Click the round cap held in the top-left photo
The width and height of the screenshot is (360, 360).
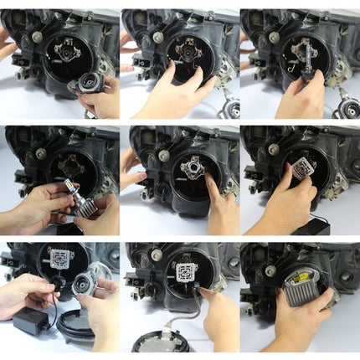pos(88,83)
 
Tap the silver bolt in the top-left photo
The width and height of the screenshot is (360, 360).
pos(38,37)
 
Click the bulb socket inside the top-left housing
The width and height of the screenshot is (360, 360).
pos(67,52)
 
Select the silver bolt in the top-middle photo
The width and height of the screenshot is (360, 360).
pos(158,37)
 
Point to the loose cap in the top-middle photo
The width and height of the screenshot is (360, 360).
pos(229,108)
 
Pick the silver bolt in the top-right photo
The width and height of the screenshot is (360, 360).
pos(274,37)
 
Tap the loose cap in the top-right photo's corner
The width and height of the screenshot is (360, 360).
pos(347,108)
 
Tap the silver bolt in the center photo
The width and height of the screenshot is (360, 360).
pos(164,155)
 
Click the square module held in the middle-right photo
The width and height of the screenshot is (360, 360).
pos(303,170)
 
